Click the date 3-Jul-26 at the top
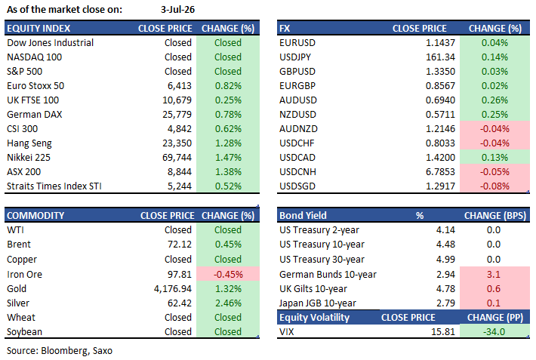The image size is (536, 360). [177, 10]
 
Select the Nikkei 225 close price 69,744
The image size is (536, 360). [177, 157]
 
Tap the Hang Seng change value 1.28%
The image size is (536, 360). [228, 143]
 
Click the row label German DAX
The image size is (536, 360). [35, 114]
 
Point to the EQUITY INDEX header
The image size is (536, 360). [39, 29]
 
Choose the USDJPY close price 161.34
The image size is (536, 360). [440, 57]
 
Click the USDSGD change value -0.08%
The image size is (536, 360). [494, 186]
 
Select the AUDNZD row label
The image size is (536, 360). [298, 128]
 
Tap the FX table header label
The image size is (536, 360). [285, 29]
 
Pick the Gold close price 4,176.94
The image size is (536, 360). [173, 288]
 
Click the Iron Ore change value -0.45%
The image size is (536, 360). [228, 274]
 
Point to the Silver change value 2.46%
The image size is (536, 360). [228, 303]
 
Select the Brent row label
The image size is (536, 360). [19, 244]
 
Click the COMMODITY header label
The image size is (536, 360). [35, 215]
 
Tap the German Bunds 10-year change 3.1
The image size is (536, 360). [494, 274]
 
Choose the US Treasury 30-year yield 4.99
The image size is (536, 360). [445, 259]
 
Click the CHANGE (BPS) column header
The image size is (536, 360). [495, 215]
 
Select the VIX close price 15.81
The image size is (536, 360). [443, 331]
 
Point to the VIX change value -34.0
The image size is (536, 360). [494, 331]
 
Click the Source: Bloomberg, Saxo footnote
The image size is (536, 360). [60, 351]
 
